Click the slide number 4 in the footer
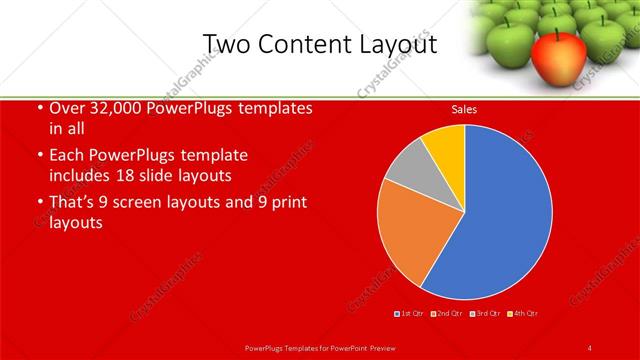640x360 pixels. click(x=590, y=347)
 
